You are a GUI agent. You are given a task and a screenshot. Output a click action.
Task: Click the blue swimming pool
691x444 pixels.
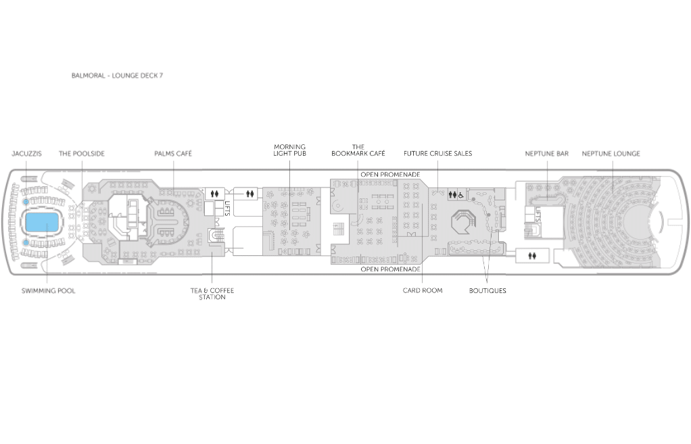[42, 223]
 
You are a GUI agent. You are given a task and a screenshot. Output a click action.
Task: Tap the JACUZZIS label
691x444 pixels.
[26, 154]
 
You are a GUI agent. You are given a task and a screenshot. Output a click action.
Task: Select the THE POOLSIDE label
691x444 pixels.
[82, 154]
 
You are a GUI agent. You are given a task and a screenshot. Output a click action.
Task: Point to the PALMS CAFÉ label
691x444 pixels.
[173, 154]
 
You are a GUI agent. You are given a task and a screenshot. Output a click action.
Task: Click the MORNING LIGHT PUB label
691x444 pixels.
[289, 150]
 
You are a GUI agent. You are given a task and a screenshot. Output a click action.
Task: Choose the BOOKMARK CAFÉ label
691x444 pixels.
[358, 150]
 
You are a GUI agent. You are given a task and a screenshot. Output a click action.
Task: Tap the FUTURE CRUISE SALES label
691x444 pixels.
[437, 154]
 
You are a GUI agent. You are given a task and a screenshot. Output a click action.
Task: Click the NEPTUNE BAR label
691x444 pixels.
[546, 154]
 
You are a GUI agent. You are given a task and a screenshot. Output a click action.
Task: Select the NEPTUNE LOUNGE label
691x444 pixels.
[611, 154]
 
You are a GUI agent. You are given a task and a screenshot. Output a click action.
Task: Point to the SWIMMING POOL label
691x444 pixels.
[49, 291]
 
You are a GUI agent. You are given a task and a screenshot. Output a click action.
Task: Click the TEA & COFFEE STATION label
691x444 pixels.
[212, 294]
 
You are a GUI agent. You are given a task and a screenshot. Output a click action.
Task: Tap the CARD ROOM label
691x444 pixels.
[423, 290]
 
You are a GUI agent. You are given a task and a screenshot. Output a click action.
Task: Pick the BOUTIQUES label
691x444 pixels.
[487, 291]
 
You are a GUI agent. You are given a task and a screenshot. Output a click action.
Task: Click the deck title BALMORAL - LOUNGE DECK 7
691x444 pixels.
[117, 76]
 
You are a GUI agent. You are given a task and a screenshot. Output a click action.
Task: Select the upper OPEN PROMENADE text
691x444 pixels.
[390, 175]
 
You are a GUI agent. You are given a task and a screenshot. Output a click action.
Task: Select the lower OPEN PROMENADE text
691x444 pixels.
[390, 269]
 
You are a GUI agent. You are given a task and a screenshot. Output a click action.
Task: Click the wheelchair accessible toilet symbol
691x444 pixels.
[460, 195]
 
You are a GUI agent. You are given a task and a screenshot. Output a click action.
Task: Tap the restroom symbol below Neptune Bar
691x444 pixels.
[532, 256]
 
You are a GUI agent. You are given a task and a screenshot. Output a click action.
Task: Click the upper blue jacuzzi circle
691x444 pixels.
[26, 202]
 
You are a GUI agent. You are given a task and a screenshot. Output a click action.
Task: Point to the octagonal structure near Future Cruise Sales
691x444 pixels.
[464, 221]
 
